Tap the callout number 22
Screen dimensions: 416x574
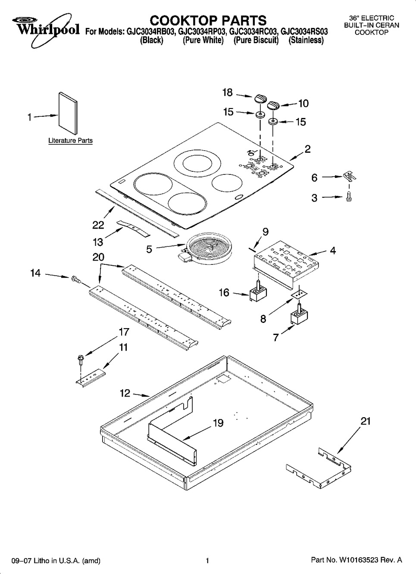[98, 225]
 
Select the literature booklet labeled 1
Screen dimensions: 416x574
[68, 113]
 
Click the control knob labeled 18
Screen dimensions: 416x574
[260, 98]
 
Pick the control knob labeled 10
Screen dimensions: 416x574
[273, 105]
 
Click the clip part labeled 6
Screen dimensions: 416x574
[349, 176]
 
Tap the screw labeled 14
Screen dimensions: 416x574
[76, 279]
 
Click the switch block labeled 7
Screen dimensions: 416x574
[299, 314]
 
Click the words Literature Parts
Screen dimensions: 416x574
[71, 141]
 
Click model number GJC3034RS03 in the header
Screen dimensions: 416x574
[304, 32]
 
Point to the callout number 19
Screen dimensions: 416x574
[218, 423]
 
